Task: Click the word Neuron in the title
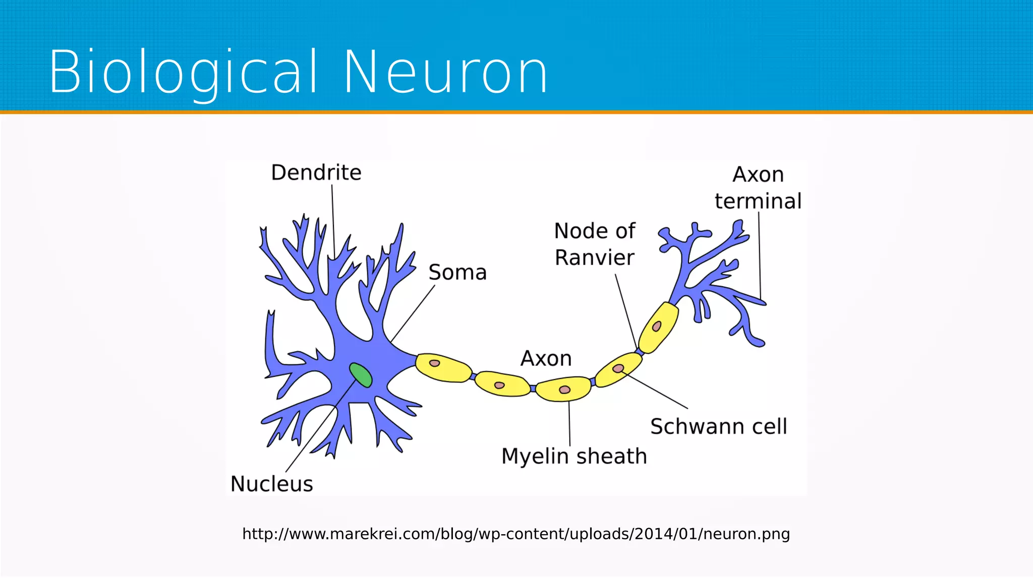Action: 446,72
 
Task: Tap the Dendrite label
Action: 316,173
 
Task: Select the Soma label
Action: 457,273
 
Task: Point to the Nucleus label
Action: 272,484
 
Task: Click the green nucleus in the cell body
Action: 361,375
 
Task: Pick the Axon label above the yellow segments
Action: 546,359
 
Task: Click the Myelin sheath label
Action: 574,456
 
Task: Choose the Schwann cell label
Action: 718,426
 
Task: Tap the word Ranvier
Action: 595,258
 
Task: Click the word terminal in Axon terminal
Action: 758,201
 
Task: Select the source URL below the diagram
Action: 516,534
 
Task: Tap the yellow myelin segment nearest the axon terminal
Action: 659,327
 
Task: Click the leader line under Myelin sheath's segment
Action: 569,423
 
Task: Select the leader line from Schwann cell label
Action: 656,391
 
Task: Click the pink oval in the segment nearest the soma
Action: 434,363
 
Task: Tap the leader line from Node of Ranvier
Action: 625,310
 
